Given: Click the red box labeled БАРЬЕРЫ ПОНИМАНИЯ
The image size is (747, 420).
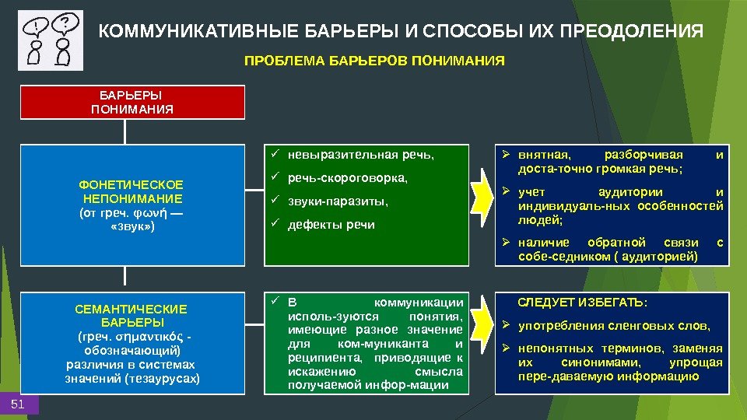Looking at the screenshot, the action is [x=132, y=102].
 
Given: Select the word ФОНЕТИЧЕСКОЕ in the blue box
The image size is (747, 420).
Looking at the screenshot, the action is [x=132, y=184].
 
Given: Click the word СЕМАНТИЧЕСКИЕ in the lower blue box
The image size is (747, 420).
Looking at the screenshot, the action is [x=132, y=309].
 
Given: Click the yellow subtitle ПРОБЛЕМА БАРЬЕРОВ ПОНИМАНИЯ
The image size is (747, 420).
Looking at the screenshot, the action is [x=374, y=60].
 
